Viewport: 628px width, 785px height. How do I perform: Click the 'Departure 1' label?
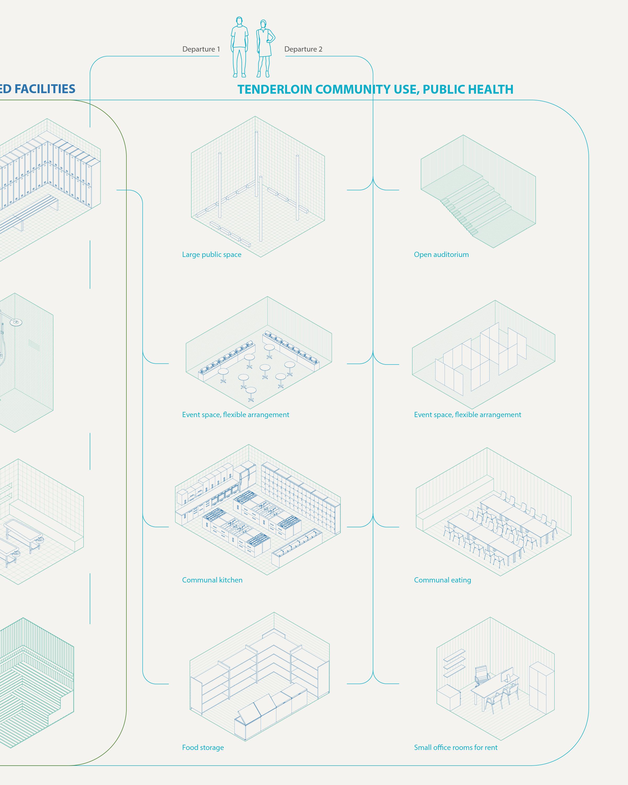tap(201, 49)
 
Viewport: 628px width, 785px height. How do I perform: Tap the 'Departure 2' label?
tap(303, 49)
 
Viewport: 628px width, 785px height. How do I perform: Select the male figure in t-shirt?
tap(239, 47)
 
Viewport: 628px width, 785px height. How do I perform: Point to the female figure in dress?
tap(265, 48)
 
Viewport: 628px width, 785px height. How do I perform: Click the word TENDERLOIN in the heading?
tap(274, 89)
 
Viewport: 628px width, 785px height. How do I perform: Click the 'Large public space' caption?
tap(211, 255)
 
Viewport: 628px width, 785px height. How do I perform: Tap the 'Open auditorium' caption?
tap(441, 255)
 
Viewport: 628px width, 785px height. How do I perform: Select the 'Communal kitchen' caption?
tap(212, 580)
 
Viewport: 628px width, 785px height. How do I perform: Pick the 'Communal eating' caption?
tap(442, 580)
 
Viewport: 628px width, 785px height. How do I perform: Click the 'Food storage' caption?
tap(203, 748)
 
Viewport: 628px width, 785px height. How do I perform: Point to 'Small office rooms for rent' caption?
tap(456, 748)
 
